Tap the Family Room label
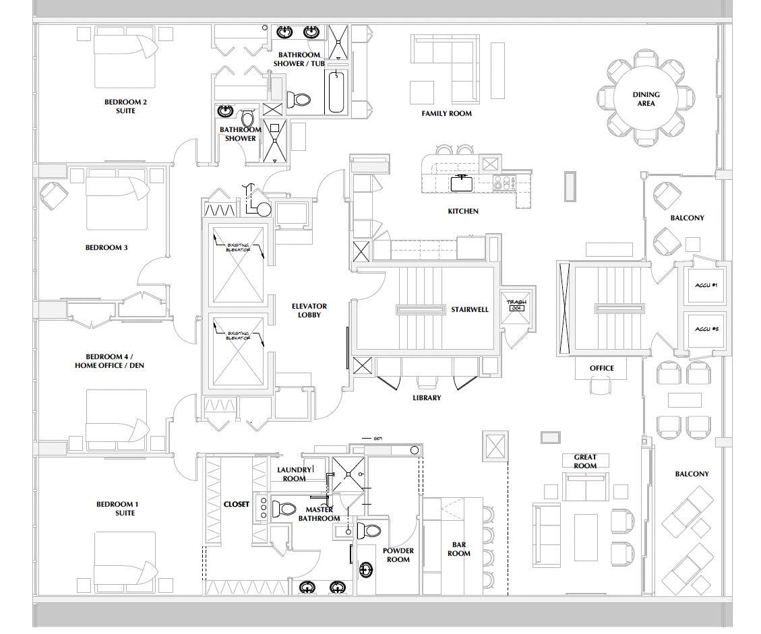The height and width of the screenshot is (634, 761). pos(446,114)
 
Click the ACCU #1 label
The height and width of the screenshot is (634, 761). pos(706,286)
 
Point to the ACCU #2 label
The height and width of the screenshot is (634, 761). pos(706,329)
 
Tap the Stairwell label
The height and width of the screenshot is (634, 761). pos(470,310)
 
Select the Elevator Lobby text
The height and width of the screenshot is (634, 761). pos(309,311)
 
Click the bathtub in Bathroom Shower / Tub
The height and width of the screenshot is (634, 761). pos(336,92)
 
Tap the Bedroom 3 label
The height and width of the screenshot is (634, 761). pos(106,248)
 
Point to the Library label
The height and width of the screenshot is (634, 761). pos(427,398)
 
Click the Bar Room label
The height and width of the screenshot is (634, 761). pos(459,549)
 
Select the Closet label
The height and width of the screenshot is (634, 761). pos(237,504)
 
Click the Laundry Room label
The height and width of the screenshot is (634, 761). pos(295,474)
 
